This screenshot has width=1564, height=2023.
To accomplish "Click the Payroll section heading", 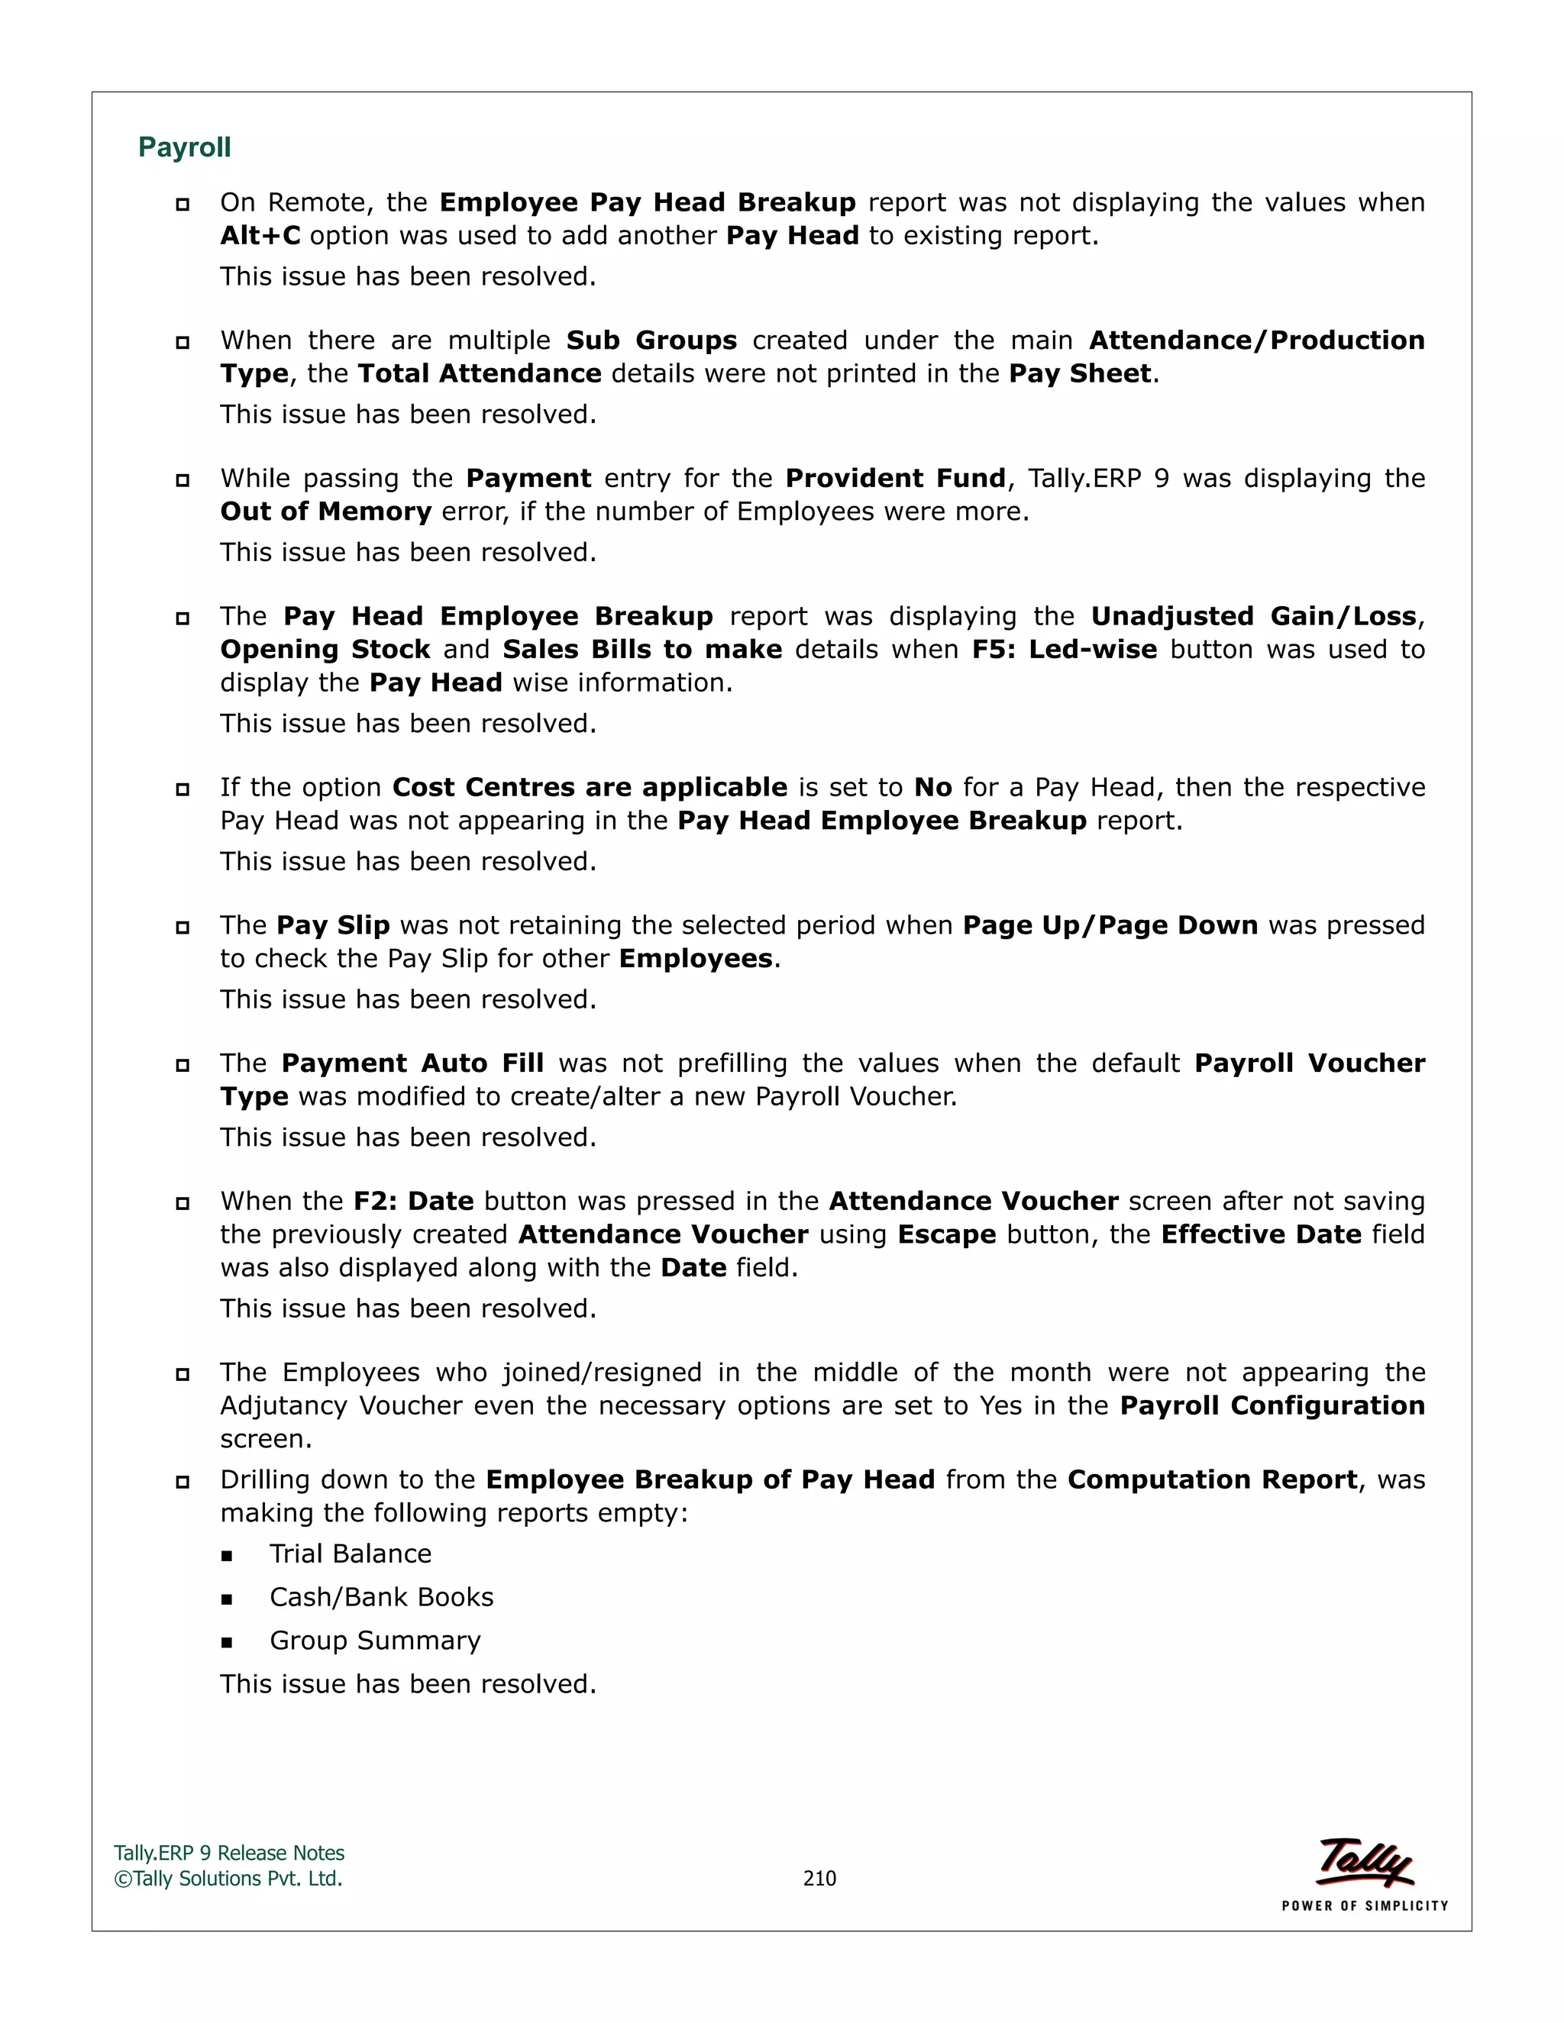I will [x=184, y=147].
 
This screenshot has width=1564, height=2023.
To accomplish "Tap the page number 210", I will [x=819, y=1878].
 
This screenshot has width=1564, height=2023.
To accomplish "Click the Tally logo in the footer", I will [x=1365, y=1861].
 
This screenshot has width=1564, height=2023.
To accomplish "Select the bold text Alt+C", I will [x=260, y=236].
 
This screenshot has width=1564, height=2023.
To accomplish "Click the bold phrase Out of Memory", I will [x=325, y=511].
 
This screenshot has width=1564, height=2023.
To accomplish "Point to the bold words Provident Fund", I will [x=895, y=478].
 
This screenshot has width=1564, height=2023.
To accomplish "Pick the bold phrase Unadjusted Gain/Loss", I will [x=1252, y=616].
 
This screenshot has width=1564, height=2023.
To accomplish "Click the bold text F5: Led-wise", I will [x=1064, y=650].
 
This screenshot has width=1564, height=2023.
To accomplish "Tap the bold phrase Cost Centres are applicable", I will [x=590, y=787].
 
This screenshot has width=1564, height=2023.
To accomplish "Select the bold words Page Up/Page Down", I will [x=1110, y=925].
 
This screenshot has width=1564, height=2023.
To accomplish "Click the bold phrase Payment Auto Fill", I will [x=412, y=1063].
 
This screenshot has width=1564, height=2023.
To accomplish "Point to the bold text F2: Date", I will [x=413, y=1202].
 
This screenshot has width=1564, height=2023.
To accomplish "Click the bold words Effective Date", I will [x=1260, y=1234].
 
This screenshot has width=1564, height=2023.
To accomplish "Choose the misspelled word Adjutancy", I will [x=283, y=1406].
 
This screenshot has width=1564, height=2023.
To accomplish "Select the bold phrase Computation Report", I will [x=1212, y=1479].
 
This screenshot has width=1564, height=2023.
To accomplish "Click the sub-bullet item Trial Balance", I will [x=351, y=1554].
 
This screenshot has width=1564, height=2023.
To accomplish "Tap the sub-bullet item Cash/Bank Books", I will [x=381, y=1597].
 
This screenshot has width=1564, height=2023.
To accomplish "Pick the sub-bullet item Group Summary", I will [x=374, y=1641].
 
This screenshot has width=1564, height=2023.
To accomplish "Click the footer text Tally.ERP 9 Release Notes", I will [x=229, y=1853].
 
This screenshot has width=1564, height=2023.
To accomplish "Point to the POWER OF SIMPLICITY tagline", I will [x=1364, y=1906].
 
